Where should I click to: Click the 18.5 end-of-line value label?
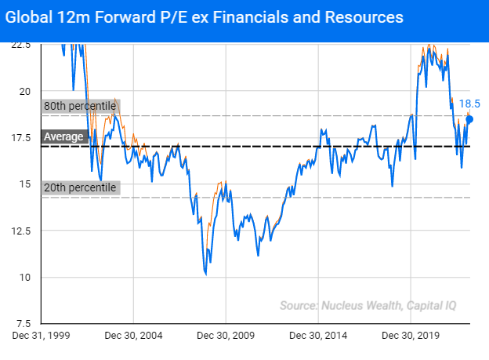pos(469,104)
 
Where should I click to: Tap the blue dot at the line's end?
pos(469,119)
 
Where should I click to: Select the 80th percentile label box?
pos(80,106)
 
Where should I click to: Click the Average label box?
pos(63,136)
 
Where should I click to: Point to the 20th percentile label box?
pos(80,187)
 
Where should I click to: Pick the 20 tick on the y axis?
pos(24,91)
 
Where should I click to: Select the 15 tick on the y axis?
pos(24,184)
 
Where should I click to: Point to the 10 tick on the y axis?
pos(24,277)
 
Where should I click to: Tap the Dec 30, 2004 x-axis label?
pos(133,336)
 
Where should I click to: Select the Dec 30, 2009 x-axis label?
pos(225,336)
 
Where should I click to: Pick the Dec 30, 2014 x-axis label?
pos(317,336)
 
